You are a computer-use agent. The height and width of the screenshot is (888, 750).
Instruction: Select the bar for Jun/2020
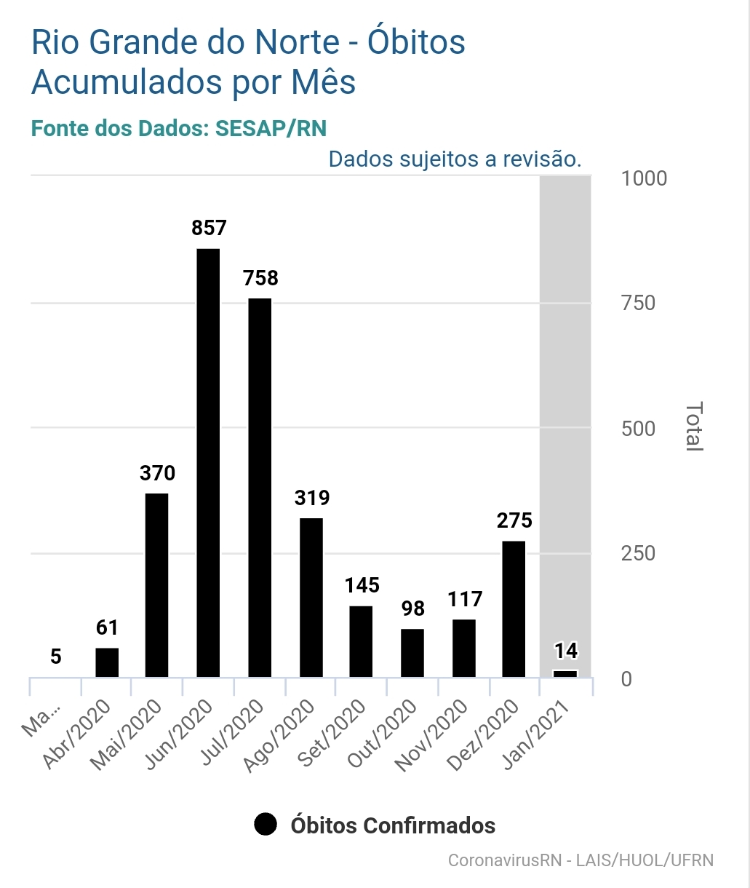208,463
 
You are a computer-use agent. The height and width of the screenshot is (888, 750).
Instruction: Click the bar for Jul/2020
260,488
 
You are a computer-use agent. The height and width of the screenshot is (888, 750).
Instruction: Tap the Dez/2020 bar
514,608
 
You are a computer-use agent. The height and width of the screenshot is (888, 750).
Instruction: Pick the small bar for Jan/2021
565,674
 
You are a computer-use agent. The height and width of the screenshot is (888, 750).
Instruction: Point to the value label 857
209,228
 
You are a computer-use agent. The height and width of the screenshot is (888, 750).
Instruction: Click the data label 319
311,498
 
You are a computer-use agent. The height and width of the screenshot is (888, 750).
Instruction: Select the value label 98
412,608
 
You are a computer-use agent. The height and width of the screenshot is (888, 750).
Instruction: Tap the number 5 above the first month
56,657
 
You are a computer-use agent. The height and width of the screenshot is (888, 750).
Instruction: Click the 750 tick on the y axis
638,303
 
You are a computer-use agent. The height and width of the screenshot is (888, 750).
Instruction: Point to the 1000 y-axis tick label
644,178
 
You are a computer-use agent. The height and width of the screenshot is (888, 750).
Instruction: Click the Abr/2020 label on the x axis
79,734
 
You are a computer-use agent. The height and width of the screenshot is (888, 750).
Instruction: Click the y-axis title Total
694,427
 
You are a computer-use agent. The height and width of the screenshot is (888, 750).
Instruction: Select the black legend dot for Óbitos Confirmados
266,825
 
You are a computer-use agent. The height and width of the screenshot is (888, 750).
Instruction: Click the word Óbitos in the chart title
415,42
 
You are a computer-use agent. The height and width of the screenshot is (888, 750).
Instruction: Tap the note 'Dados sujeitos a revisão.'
455,159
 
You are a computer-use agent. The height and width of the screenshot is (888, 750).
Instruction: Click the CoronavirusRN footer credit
580,860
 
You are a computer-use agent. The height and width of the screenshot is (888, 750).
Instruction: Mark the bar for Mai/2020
157,585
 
